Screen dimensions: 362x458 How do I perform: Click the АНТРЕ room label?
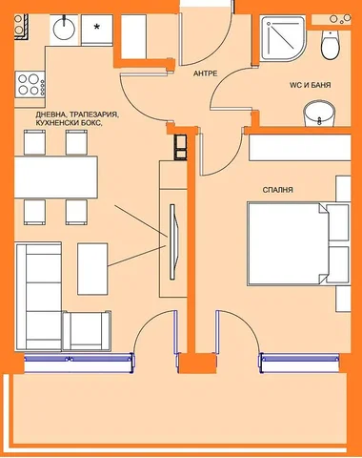[205, 73]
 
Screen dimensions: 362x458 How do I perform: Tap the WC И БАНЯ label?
[310, 85]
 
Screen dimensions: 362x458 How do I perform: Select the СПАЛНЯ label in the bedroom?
[277, 190]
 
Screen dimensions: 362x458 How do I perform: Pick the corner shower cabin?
[282, 39]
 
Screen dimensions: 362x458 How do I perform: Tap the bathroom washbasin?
[319, 114]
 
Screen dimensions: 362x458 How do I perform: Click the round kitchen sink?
[64, 30]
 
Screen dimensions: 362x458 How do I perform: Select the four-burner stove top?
[30, 84]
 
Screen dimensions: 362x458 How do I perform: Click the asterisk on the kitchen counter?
[96, 27]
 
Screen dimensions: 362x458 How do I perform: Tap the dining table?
[56, 177]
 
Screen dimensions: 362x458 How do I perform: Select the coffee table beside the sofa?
[92, 269]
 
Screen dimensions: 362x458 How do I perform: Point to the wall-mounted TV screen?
[173, 242]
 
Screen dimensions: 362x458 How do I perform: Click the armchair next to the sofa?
[87, 331]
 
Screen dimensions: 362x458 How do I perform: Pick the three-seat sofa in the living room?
[38, 297]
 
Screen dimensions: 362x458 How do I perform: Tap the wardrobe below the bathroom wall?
[300, 148]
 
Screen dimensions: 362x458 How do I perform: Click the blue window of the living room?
[79, 359]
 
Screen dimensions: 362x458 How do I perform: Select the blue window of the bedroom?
[299, 359]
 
